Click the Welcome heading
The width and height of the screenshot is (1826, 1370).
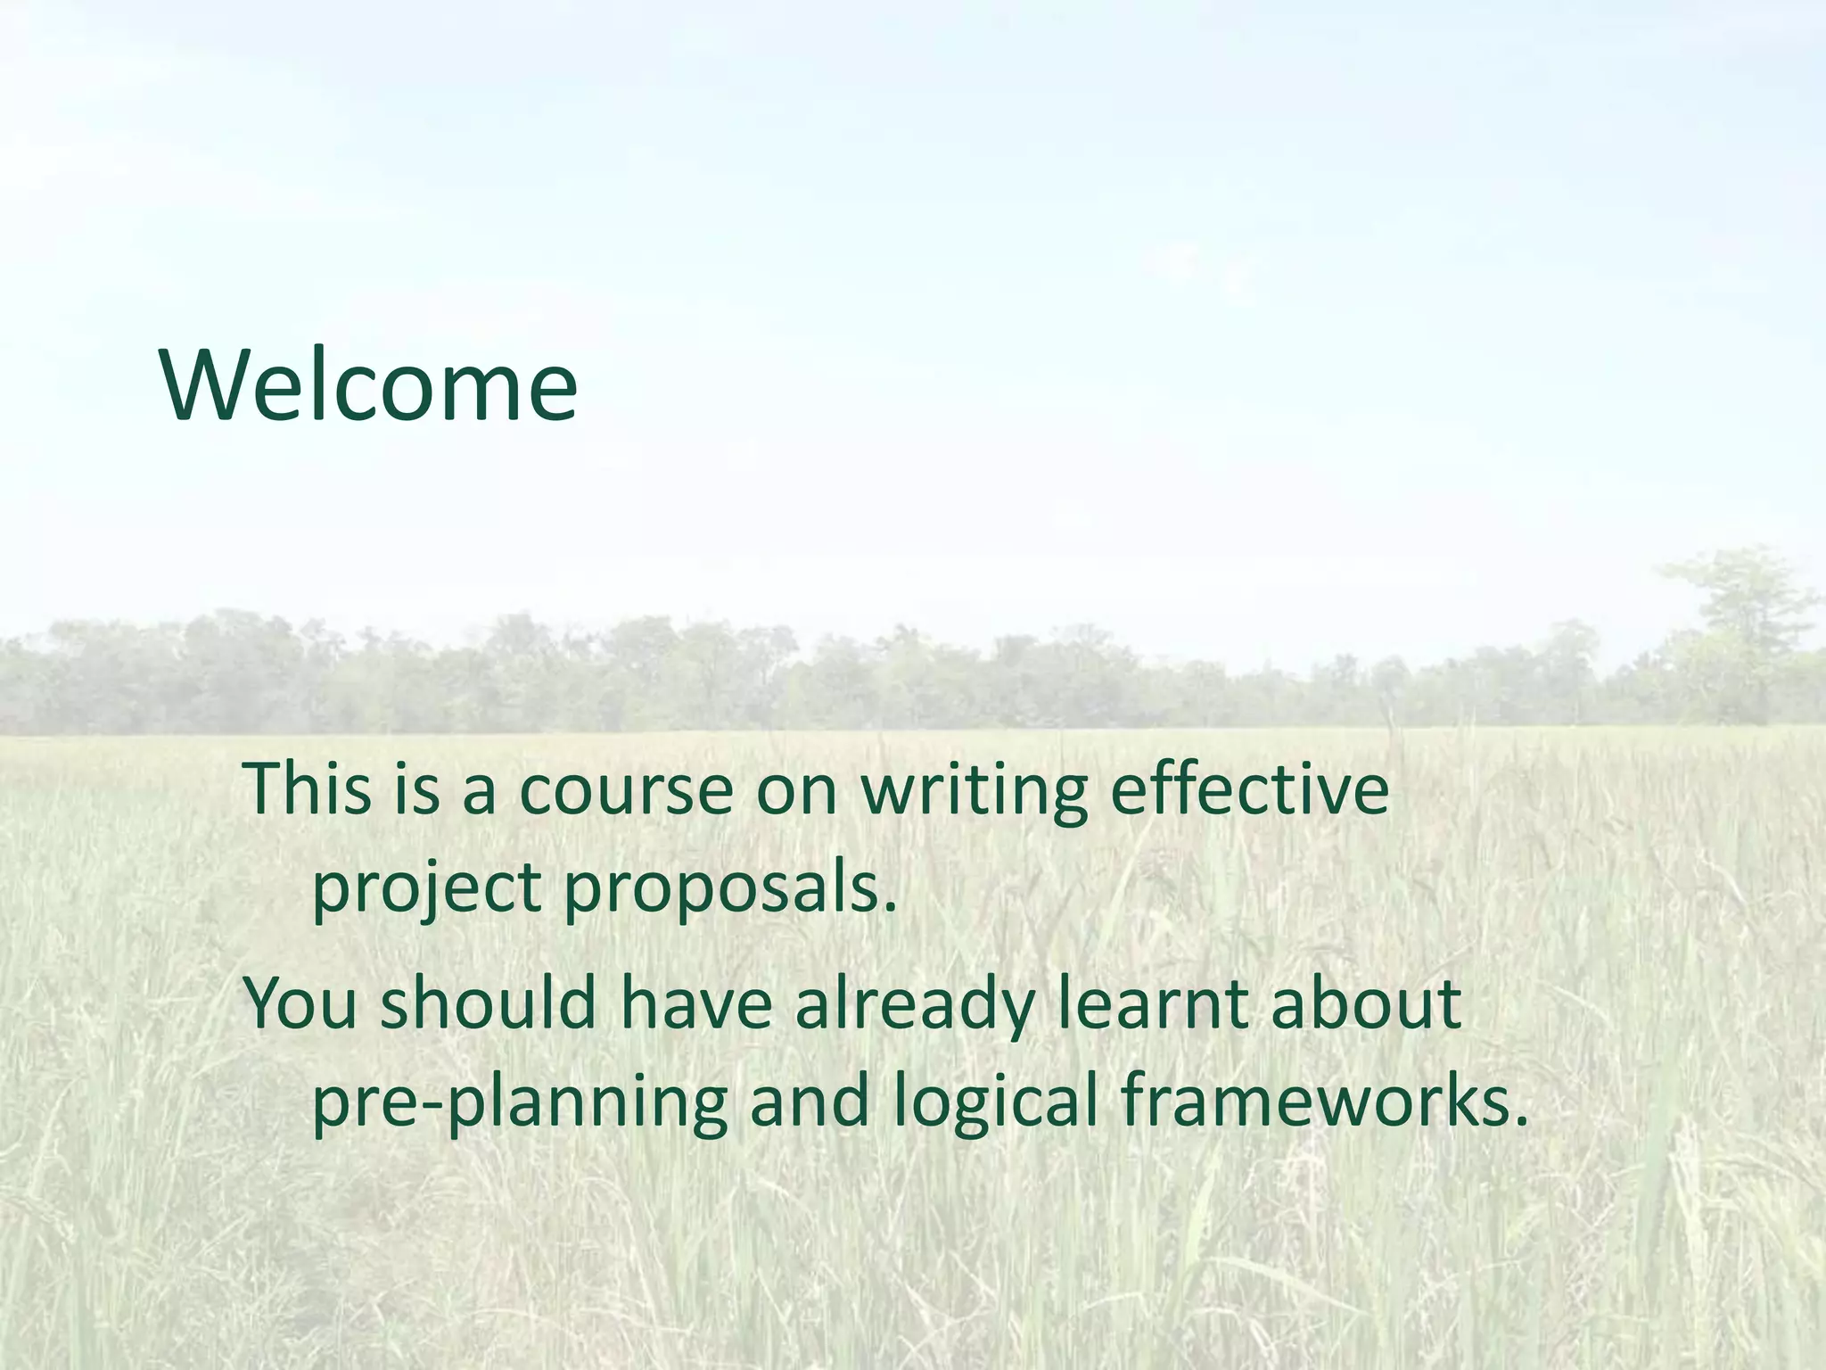point(369,385)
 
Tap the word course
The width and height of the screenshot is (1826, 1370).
point(625,790)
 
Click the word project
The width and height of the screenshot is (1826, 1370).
point(426,889)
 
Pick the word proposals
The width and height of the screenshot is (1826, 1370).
point(730,889)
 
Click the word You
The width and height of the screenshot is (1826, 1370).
point(301,1003)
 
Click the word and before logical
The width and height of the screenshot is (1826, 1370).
point(809,1101)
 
